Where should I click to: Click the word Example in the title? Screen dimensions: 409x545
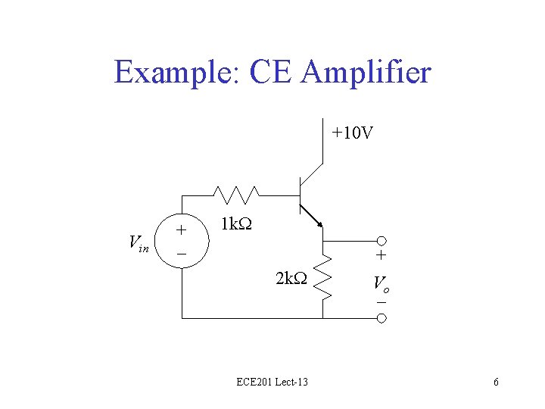click(173, 73)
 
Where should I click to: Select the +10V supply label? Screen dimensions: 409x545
click(352, 134)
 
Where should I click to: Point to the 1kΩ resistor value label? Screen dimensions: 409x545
click(236, 224)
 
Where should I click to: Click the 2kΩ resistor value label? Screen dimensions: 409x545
click(291, 278)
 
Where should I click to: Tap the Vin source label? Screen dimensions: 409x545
click(138, 243)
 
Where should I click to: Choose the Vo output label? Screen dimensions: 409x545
click(381, 285)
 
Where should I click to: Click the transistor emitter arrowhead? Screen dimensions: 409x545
click(320, 223)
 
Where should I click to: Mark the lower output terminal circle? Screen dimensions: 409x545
click(382, 318)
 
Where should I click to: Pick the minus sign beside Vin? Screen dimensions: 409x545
click(181, 254)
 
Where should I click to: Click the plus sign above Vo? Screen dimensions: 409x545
click(381, 258)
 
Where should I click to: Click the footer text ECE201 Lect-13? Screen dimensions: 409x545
click(272, 382)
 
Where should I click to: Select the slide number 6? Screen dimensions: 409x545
click(496, 382)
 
